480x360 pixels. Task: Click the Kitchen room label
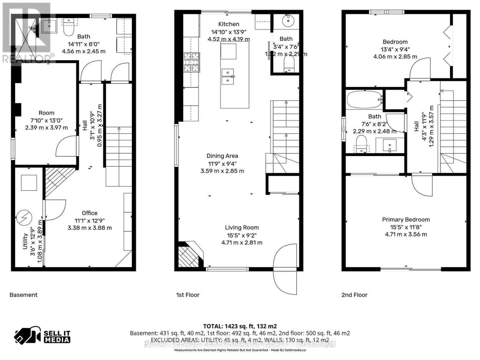(229, 24)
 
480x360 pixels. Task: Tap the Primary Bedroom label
(406, 219)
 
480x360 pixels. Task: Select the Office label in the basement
(89, 213)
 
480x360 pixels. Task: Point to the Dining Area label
(222, 156)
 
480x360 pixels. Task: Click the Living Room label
(242, 227)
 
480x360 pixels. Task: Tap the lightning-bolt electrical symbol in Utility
(24, 217)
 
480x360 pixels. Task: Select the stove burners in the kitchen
(192, 62)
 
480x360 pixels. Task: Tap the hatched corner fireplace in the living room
(188, 256)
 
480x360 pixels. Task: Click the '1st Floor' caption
(188, 295)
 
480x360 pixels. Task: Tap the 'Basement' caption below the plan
(23, 295)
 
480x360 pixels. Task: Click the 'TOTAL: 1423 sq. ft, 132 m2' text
(240, 326)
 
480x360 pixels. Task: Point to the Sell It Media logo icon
(27, 336)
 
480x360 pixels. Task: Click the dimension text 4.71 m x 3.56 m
(406, 234)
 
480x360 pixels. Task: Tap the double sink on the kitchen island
(228, 76)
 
